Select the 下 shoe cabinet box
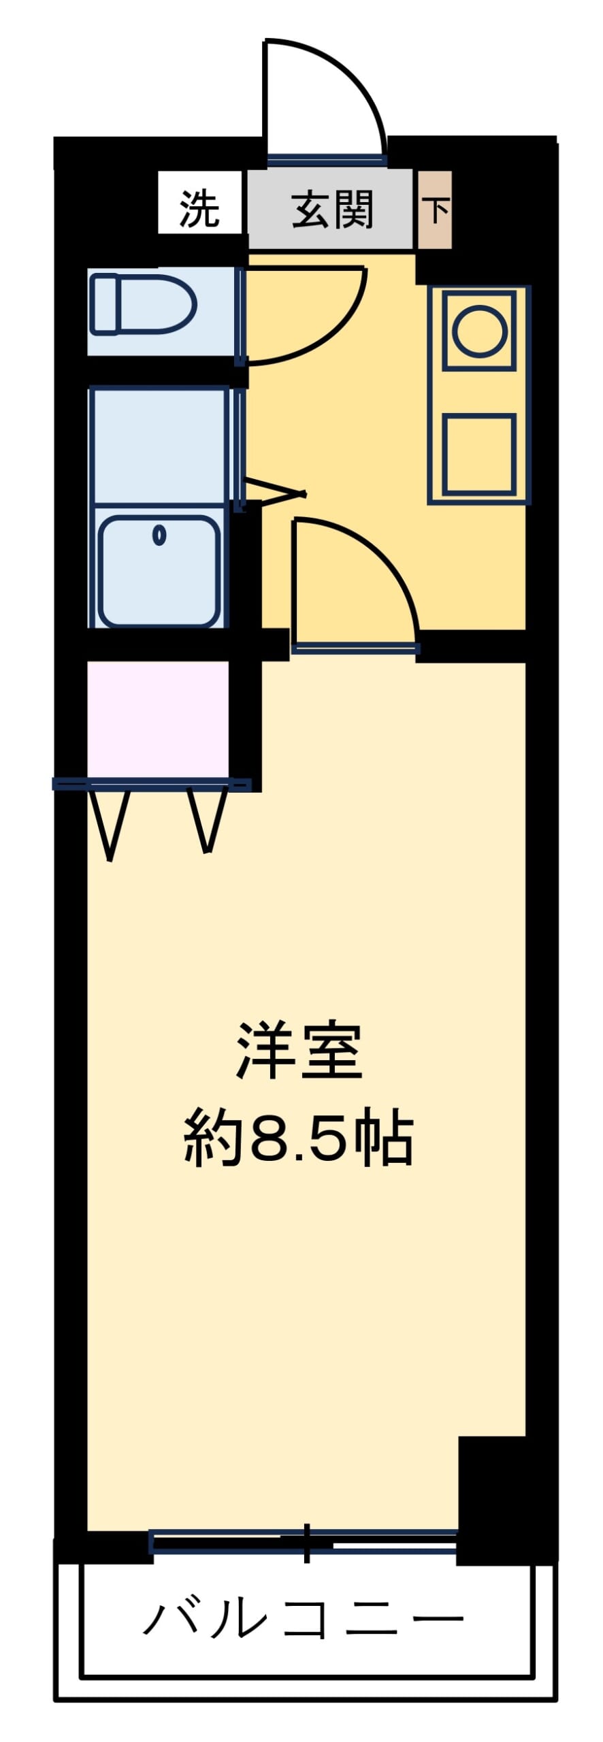pos(434,210)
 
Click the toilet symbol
pos(144,304)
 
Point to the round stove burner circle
pos(479,331)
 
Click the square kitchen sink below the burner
pos(479,454)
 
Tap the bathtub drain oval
pos(159,536)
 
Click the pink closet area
pos(158,719)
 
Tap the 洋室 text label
pos(299,1051)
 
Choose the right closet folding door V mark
pos(207,820)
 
